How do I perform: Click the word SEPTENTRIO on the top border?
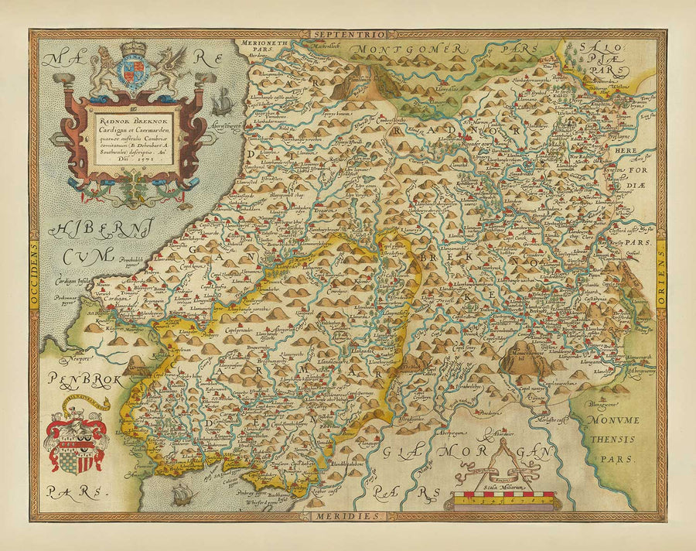point(347,35)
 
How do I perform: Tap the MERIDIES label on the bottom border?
point(347,515)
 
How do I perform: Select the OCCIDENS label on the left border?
point(34,275)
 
